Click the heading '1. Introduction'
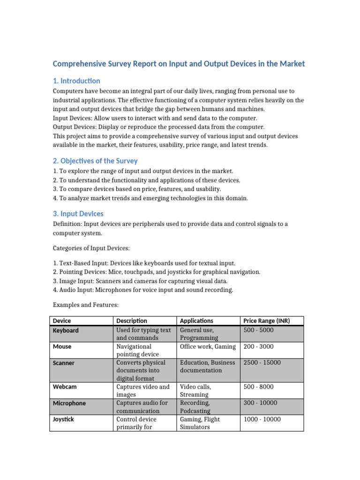pos(76,81)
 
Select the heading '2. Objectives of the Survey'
pos(95,161)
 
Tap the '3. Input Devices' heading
pos(78,214)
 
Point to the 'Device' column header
pos(62,321)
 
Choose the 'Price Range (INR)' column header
pos(267,321)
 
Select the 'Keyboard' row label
pos(66,330)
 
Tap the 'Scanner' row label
pos(64,363)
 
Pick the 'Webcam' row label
pos(64,387)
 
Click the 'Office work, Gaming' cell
pos(207,346)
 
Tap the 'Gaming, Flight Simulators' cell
pos(200,423)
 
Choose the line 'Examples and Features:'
pos(86,305)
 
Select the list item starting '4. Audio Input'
pos(143,290)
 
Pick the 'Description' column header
pos(132,321)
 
